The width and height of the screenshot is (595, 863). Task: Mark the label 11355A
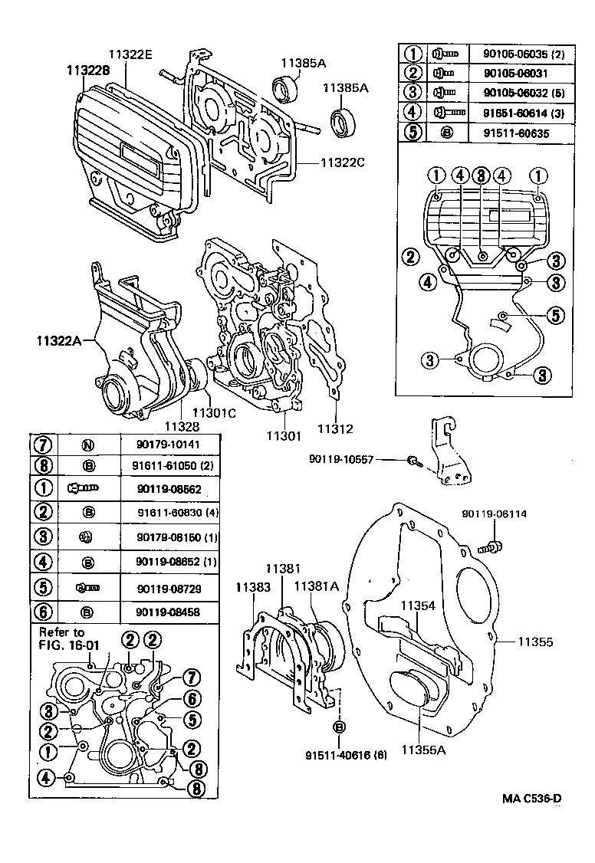(x=421, y=750)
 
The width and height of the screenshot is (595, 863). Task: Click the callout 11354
(x=416, y=605)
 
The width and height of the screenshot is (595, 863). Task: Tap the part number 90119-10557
(x=341, y=459)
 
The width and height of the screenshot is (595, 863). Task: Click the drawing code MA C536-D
(x=532, y=799)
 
